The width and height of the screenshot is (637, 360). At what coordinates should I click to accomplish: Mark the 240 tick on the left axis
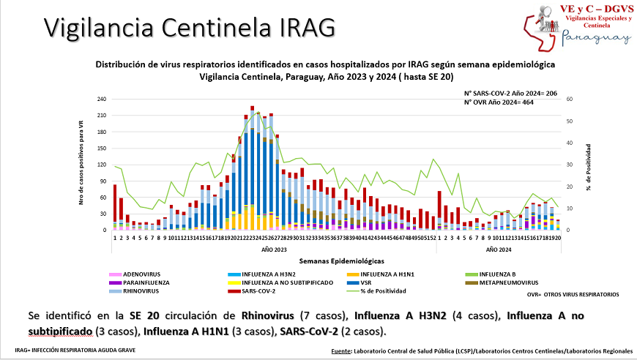click(x=102, y=99)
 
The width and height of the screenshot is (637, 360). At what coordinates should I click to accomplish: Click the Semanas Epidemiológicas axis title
click(x=336, y=260)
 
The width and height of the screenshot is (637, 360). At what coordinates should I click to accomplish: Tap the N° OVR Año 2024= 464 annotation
click(x=499, y=102)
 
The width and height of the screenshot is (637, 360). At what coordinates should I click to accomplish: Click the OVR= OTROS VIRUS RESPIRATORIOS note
click(x=573, y=294)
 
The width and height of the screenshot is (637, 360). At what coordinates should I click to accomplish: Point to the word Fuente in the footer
click(x=341, y=350)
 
